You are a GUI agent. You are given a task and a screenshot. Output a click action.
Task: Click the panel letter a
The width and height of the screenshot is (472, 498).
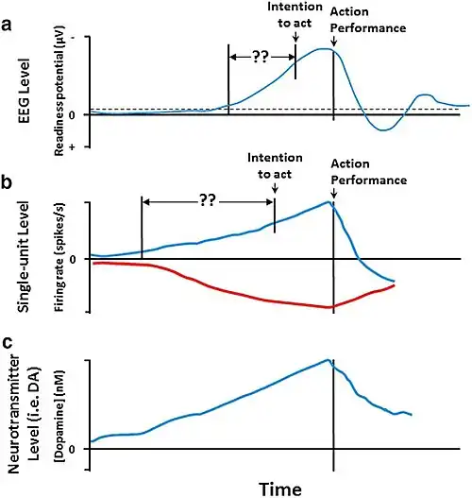coord(7,25)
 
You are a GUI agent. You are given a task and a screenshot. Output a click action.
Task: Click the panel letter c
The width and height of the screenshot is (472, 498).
coord(8,342)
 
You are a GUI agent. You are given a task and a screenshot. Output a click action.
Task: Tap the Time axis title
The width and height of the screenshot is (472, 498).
coord(280,489)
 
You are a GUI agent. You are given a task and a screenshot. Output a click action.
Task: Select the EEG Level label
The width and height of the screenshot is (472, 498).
coord(25,91)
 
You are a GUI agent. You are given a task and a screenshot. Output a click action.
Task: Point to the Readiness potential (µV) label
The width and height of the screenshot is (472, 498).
coord(59,91)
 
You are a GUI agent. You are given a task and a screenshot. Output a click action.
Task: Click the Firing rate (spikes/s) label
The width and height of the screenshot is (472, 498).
coord(59,257)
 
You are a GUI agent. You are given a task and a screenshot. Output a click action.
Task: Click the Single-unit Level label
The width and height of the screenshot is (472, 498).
coord(24,257)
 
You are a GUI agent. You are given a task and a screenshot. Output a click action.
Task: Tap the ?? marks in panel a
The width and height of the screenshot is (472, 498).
coord(261,57)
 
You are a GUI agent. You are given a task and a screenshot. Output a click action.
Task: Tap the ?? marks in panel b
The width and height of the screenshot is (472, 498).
coord(208,201)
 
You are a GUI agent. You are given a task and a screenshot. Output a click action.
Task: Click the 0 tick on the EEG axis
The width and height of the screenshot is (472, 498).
coord(72,115)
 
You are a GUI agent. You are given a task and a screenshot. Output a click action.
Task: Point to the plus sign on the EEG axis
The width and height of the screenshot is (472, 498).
coord(73,147)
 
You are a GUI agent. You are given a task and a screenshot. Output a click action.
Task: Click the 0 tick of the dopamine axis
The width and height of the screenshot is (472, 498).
coord(72,449)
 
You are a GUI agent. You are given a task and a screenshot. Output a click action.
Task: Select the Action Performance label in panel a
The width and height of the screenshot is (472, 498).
coord(368,20)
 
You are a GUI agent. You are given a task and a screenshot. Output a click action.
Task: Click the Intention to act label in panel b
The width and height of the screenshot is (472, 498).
coord(275,165)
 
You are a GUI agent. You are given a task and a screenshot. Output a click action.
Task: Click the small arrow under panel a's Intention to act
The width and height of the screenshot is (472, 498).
coord(295,37)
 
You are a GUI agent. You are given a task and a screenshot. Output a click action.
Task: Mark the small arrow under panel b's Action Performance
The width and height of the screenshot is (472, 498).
coord(333,193)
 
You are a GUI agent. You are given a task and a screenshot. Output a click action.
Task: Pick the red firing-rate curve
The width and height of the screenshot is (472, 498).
coord(241,294)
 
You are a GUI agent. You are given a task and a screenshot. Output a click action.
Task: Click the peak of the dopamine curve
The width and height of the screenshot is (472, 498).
coord(328,359)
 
